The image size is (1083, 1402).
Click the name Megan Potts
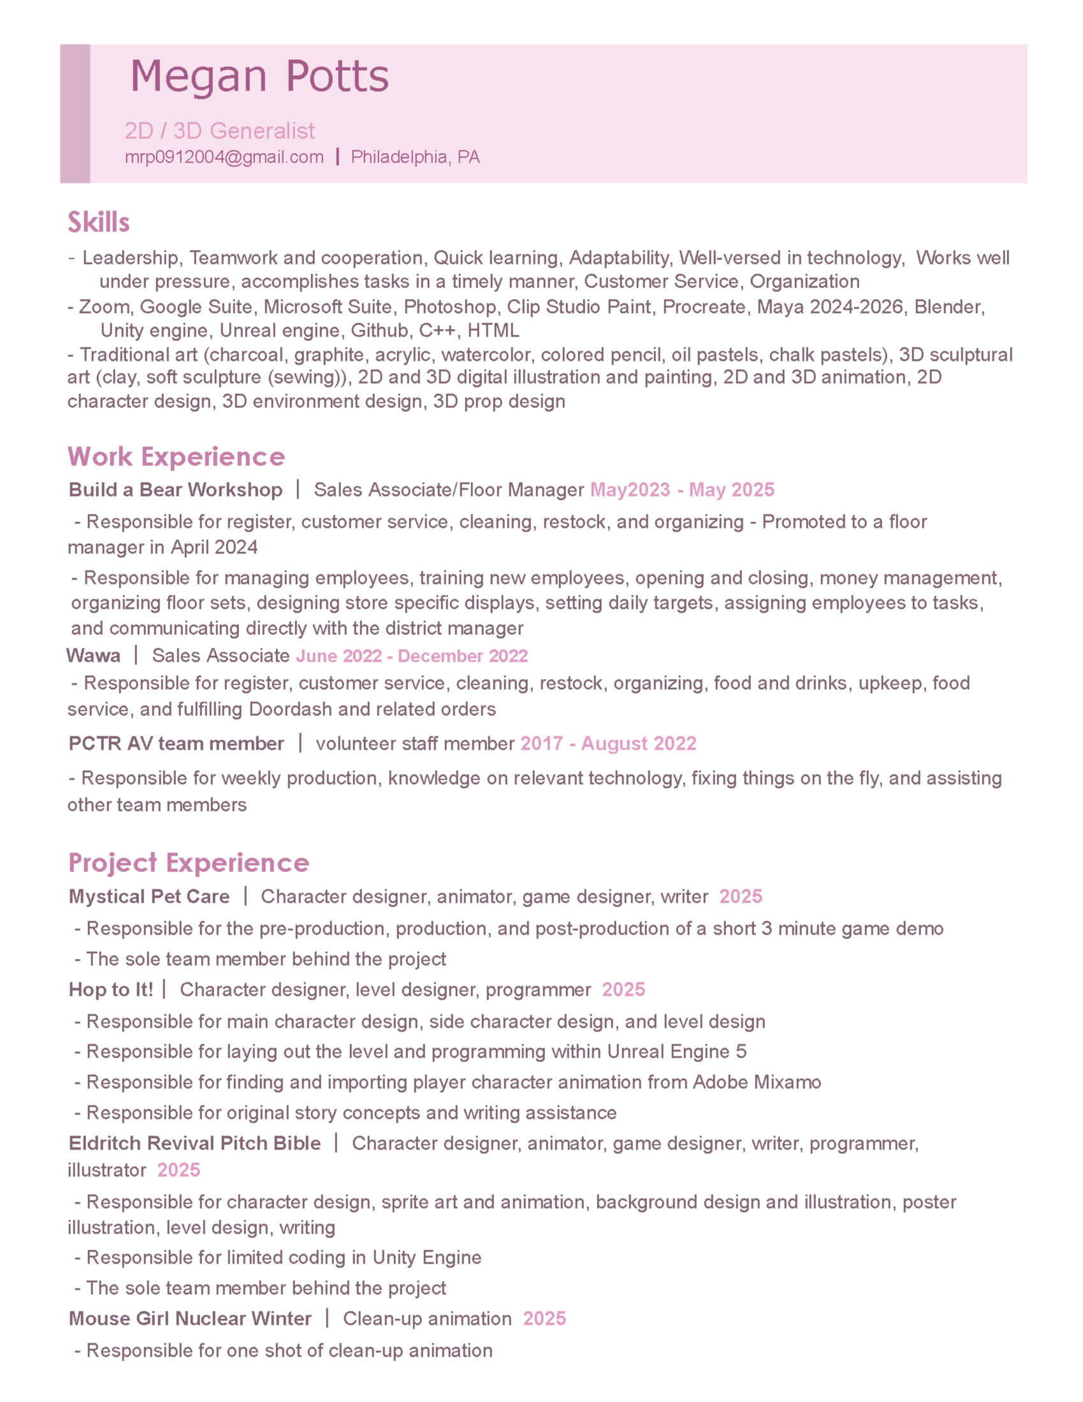click(259, 77)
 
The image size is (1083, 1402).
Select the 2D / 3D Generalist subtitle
click(219, 131)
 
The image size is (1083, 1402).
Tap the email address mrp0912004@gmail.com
click(224, 157)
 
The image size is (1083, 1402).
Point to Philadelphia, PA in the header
click(415, 157)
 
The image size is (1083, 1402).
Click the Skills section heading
click(98, 223)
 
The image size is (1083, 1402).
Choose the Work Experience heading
click(176, 456)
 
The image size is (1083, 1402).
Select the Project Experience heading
click(188, 863)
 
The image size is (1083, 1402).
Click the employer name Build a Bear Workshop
click(175, 490)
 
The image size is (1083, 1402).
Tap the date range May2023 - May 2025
click(682, 490)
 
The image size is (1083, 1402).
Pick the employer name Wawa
click(93, 655)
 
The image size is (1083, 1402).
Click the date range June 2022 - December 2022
click(412, 656)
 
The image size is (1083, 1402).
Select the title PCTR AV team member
click(176, 743)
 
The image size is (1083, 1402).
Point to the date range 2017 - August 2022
click(608, 743)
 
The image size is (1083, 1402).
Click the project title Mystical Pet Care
click(149, 896)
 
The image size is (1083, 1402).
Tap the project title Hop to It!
click(111, 989)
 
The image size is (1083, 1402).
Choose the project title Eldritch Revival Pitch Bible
click(194, 1143)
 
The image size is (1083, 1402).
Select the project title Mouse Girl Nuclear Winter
click(190, 1318)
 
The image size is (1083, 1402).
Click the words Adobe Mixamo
click(757, 1083)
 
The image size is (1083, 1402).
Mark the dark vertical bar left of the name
click(75, 113)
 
